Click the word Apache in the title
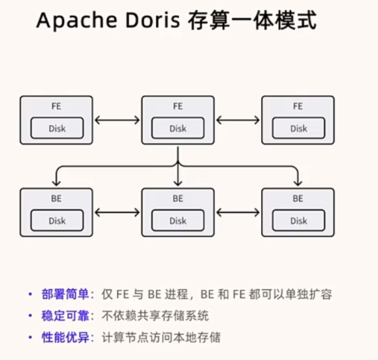point(77,21)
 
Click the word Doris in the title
point(152,20)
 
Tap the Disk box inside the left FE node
point(57,128)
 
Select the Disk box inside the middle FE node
point(178,128)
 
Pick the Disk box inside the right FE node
point(299,128)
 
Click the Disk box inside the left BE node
point(57,220)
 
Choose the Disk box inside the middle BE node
point(178,220)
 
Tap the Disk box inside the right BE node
point(299,220)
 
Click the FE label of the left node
point(56,106)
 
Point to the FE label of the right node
point(298,106)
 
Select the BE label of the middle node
point(178,198)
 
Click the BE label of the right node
point(298,198)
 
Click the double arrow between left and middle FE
point(117,120)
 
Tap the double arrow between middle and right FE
point(238,120)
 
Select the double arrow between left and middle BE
point(117,212)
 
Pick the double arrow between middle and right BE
point(238,212)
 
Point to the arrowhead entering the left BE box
point(56,183)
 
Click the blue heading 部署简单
point(65,294)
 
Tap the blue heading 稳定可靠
point(65,316)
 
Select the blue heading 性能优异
point(65,337)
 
